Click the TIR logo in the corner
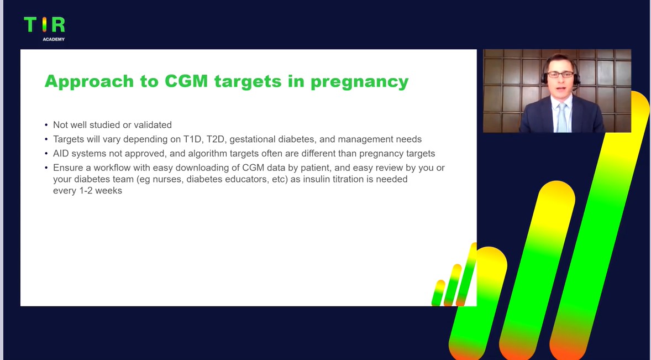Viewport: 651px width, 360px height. [x=44, y=24]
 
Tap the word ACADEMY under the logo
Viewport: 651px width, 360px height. [x=54, y=39]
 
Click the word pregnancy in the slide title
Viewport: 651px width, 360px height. [x=360, y=82]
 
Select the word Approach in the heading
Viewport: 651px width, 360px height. [x=90, y=82]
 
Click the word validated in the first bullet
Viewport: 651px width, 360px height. [x=153, y=124]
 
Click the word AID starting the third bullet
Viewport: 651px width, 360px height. [x=61, y=153]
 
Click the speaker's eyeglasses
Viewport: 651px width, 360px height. [x=561, y=75]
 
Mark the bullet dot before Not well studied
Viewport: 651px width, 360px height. [x=46, y=125]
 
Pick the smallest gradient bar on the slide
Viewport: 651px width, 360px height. [x=438, y=293]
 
